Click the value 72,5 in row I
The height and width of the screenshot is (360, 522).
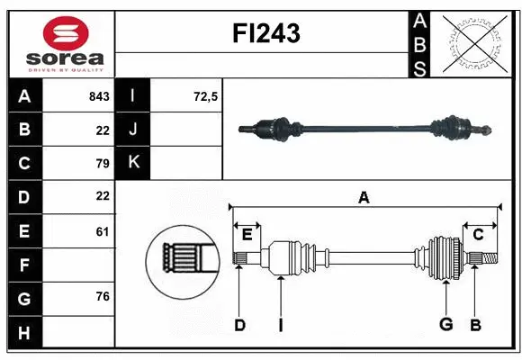[x=206, y=96]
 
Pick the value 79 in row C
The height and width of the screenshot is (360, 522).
[x=102, y=164]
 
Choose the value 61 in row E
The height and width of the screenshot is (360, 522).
[x=102, y=231]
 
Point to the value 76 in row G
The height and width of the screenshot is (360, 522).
[x=102, y=296]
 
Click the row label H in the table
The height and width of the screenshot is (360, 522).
[x=24, y=333]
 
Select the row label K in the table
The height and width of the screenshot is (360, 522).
[x=133, y=163]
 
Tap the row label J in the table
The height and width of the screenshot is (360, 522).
[x=133, y=130]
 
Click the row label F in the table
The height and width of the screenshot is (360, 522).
[x=24, y=265]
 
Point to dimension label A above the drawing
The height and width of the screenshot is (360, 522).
[x=364, y=197]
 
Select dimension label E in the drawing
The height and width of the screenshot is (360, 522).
[x=247, y=235]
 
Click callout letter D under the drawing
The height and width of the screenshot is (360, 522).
[x=239, y=326]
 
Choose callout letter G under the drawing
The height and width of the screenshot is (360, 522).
[x=445, y=326]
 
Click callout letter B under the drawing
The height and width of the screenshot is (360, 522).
[x=476, y=326]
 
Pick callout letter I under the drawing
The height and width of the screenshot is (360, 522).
[x=280, y=326]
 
